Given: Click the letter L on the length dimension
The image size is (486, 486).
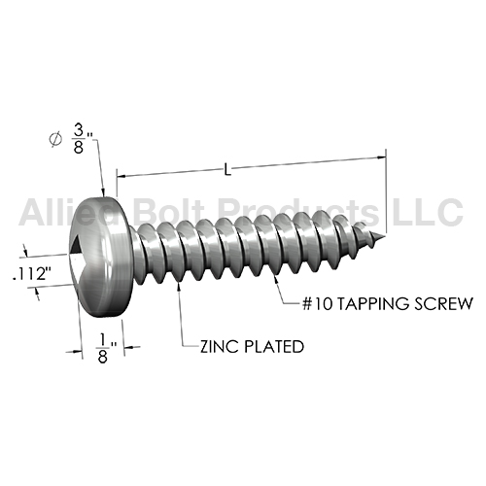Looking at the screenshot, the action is tap(227, 170).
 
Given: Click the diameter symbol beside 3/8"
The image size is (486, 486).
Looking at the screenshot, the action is tap(55, 139).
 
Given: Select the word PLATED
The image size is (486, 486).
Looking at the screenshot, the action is tap(273, 347).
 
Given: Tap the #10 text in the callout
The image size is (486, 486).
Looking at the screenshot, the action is tap(318, 304).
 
